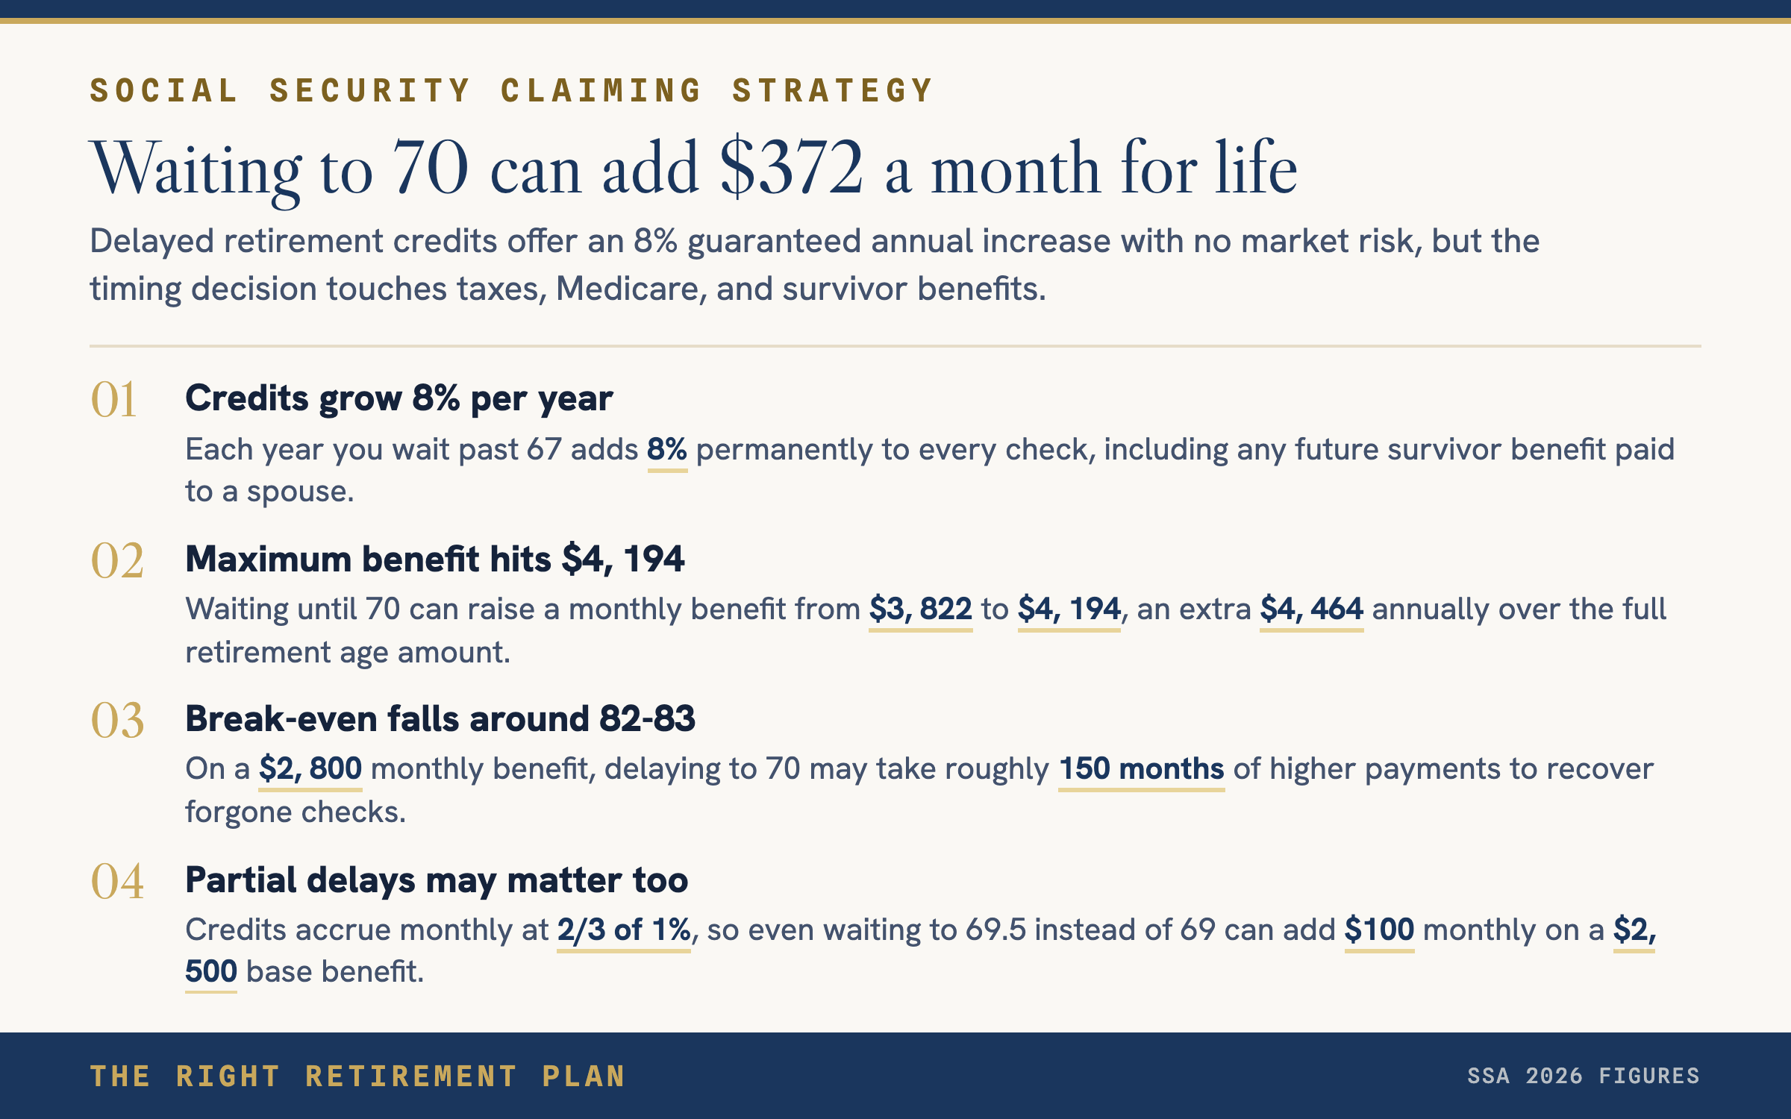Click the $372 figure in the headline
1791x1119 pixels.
click(792, 167)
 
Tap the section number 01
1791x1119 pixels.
click(113, 399)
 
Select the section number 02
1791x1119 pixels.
click(117, 560)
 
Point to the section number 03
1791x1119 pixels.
click(117, 721)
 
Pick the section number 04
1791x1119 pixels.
click(117, 881)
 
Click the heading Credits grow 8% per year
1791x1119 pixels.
click(399, 398)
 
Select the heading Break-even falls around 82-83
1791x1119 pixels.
click(440, 719)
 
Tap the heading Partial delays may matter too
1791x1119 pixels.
click(437, 880)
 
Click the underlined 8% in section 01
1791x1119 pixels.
click(667, 450)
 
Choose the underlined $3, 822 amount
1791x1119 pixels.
click(921, 609)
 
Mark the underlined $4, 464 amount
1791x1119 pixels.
click(1312, 609)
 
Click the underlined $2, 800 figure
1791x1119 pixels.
click(310, 769)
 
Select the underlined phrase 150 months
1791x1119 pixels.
click(1142, 769)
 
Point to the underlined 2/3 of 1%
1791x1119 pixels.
click(624, 930)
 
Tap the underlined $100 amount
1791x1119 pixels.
click(1379, 930)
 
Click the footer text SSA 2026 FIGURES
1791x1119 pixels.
click(1584, 1076)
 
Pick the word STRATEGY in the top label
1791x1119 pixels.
click(832, 91)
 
